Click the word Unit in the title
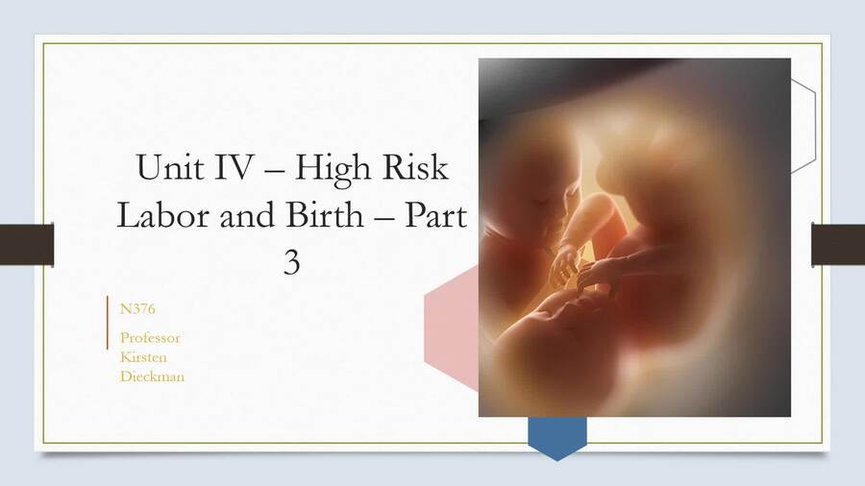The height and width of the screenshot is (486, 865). pyautogui.click(x=166, y=168)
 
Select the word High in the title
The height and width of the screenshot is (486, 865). pyautogui.click(x=332, y=168)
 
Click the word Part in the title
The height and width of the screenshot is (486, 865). pyautogui.click(x=434, y=215)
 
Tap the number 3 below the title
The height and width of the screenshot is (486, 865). pyautogui.click(x=292, y=261)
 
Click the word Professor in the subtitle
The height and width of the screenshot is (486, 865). pyautogui.click(x=150, y=338)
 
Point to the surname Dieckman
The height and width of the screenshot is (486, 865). pyautogui.click(x=152, y=377)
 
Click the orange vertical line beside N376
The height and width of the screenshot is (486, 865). pyautogui.click(x=108, y=323)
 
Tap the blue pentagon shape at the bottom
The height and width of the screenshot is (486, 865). pyautogui.click(x=557, y=436)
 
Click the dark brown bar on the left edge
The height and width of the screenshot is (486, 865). pyautogui.click(x=26, y=244)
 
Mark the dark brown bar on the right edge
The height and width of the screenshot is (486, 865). pyautogui.click(x=838, y=244)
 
